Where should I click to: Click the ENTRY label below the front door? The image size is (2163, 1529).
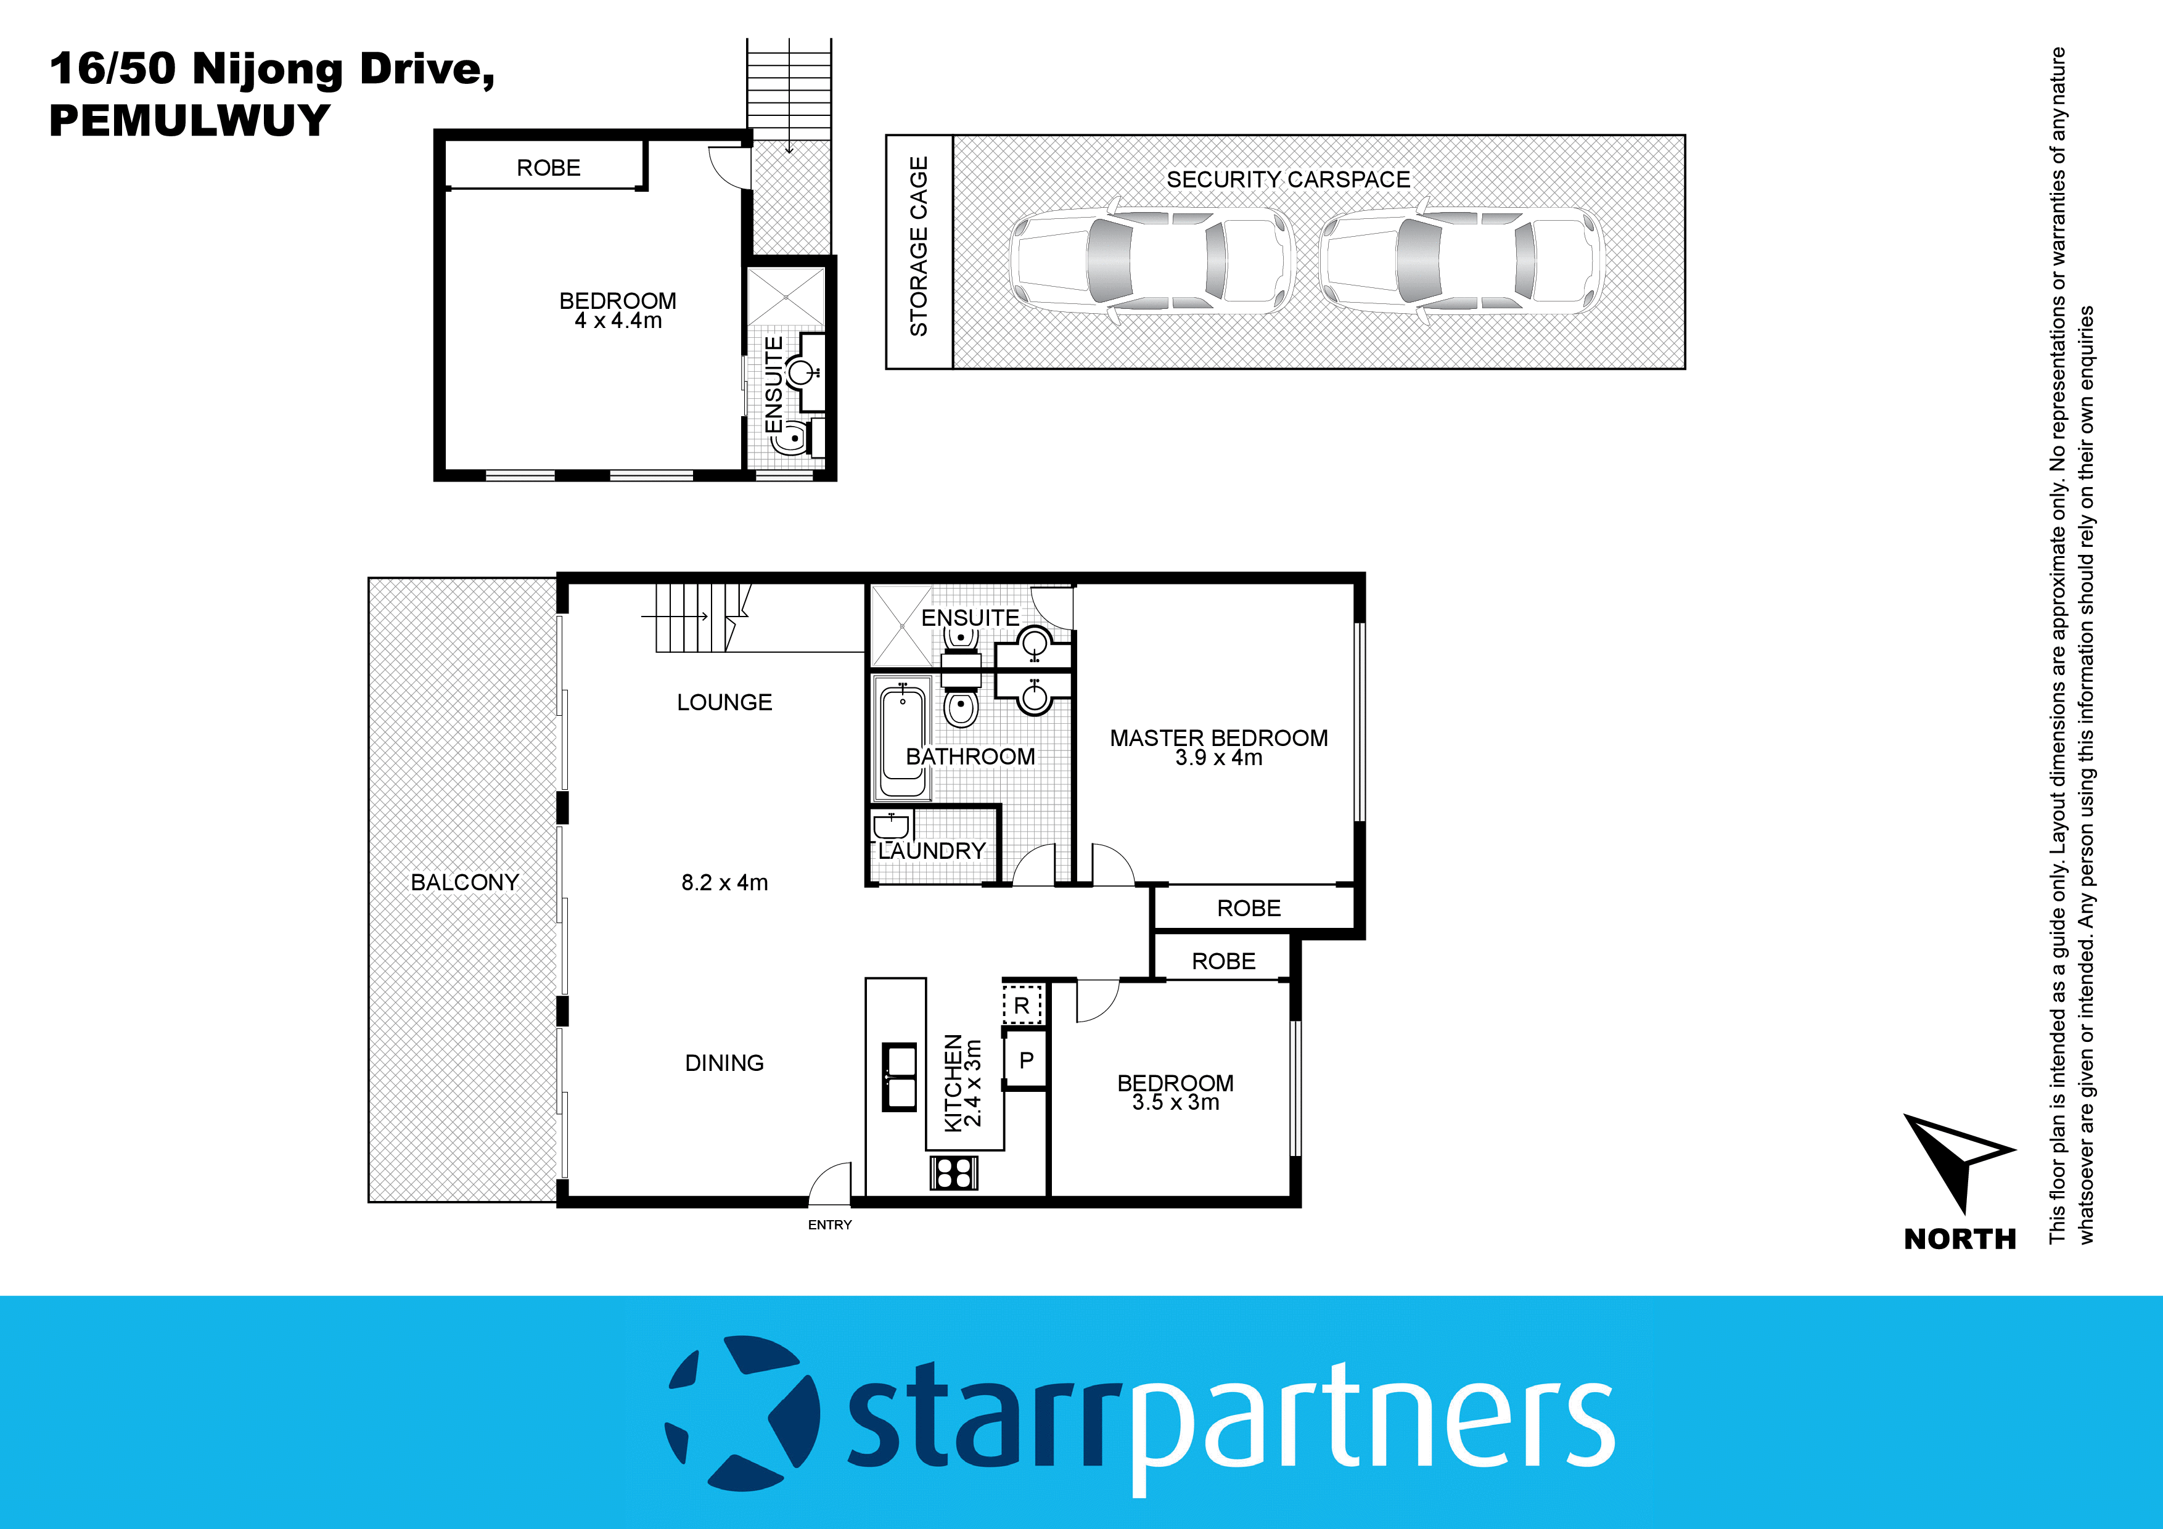pyautogui.click(x=829, y=1224)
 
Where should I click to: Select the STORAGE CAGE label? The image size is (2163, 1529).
pyautogui.click(x=919, y=247)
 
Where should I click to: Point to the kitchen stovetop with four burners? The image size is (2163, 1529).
pyautogui.click(x=953, y=1173)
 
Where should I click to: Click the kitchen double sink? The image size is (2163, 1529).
pyautogui.click(x=899, y=1077)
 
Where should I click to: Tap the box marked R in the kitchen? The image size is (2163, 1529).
pyautogui.click(x=1022, y=1005)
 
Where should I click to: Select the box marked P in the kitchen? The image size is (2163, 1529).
pyautogui.click(x=1026, y=1060)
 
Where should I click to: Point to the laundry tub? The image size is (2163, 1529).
pyautogui.click(x=890, y=826)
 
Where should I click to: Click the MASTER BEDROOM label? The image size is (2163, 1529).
pyautogui.click(x=1218, y=737)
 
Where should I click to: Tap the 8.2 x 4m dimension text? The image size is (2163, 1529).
pyautogui.click(x=724, y=883)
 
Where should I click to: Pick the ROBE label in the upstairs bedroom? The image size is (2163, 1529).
pyautogui.click(x=548, y=168)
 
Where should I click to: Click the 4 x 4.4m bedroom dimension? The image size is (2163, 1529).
pyautogui.click(x=618, y=321)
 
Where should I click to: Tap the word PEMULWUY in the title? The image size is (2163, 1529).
pyautogui.click(x=189, y=121)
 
